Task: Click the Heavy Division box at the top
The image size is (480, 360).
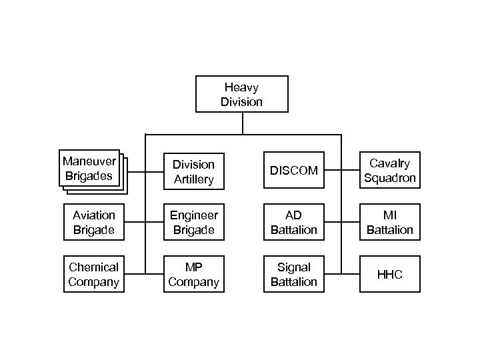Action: pyautogui.click(x=241, y=94)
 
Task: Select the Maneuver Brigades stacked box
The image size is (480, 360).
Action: pyautogui.click(x=89, y=168)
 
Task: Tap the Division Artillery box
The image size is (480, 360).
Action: pyautogui.click(x=193, y=171)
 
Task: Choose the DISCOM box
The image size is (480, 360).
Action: pyautogui.click(x=293, y=171)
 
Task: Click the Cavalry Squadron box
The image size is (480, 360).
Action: pyautogui.click(x=390, y=171)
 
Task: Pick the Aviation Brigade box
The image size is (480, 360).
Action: pyautogui.click(x=93, y=222)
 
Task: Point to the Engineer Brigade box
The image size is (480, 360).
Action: pyautogui.click(x=193, y=222)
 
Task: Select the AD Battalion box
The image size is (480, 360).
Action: pyautogui.click(x=293, y=222)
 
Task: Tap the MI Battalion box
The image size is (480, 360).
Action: pyautogui.click(x=390, y=222)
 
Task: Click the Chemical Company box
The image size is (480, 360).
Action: pyautogui.click(x=93, y=274)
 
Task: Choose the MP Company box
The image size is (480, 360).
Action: pyautogui.click(x=193, y=274)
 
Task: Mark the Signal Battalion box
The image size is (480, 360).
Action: pyautogui.click(x=293, y=274)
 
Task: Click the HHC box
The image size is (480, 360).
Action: pyautogui.click(x=390, y=274)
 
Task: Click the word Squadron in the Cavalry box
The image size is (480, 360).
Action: pyautogui.click(x=390, y=178)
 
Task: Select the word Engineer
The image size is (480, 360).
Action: pyautogui.click(x=193, y=215)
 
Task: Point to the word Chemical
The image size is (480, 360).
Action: pyautogui.click(x=93, y=267)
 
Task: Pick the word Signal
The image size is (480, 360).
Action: pyautogui.click(x=293, y=267)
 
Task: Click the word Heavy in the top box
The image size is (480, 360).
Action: pyautogui.click(x=241, y=87)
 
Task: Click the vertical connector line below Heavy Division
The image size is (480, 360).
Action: pyautogui.click(x=243, y=123)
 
